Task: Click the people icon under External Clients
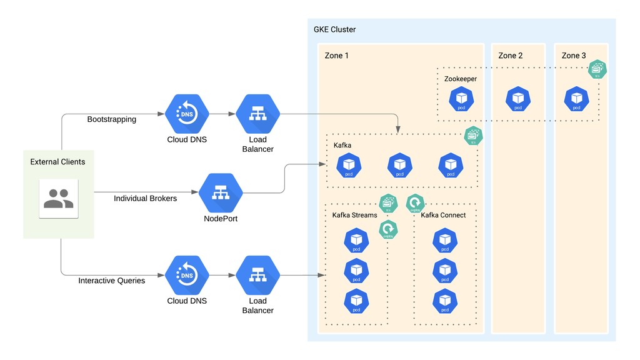[58, 198]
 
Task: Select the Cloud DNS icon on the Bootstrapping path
[186, 115]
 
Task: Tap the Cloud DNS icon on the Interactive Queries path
[186, 276]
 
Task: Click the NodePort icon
[220, 193]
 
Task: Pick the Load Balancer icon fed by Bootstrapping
[257, 115]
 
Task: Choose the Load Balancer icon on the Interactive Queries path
[257, 276]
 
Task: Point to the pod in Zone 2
[517, 99]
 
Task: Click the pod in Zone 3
[576, 99]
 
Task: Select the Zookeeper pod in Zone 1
[461, 99]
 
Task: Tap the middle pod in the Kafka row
[400, 166]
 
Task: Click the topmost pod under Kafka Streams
[356, 241]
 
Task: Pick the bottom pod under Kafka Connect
[444, 301]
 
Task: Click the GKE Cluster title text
[334, 29]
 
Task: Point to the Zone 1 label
[336, 56]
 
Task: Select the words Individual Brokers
[145, 198]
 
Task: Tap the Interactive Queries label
[111, 281]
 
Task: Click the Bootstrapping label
[111, 119]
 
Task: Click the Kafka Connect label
[443, 215]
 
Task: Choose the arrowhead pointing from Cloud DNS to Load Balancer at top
[232, 115]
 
